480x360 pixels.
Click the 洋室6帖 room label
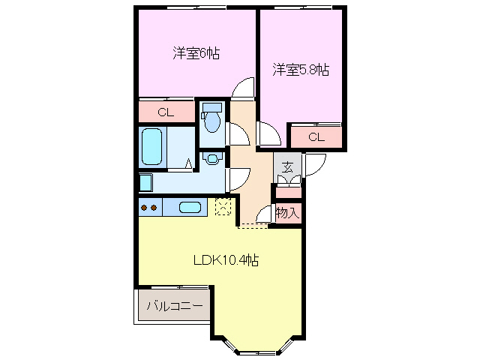tap(196, 54)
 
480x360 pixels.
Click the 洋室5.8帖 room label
tap(300, 70)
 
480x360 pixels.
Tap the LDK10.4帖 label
tap(226, 260)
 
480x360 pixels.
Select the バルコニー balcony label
tap(174, 306)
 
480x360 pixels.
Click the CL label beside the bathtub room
tap(166, 112)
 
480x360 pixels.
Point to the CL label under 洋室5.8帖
tap(316, 136)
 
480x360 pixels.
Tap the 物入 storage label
tap(287, 213)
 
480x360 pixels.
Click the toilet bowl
tap(213, 121)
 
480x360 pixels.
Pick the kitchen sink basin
tap(190, 208)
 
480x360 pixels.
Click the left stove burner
tap(145, 208)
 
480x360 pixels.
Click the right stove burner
tap(154, 208)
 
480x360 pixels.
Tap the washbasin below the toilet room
tap(213, 158)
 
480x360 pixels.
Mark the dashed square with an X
tap(223, 206)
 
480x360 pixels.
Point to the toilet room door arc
tap(238, 133)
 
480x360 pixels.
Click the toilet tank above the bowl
tap(212, 106)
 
